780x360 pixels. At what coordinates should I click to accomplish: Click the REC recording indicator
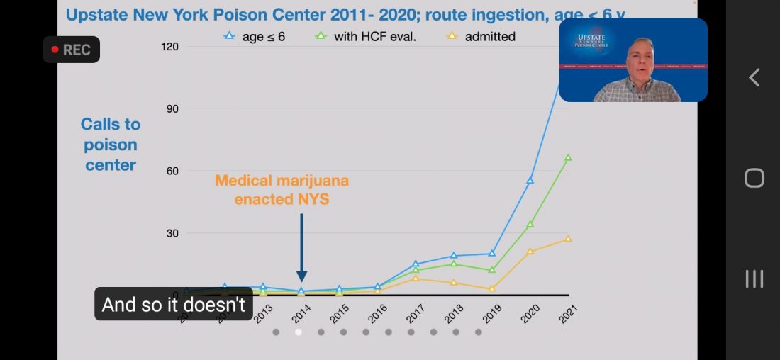coord(71,50)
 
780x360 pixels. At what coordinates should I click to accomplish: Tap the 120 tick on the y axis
coord(170,47)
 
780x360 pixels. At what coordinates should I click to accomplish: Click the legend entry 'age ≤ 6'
coord(255,36)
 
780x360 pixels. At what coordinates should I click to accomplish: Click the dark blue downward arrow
coord(301,248)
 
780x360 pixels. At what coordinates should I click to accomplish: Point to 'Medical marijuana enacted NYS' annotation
coord(282,190)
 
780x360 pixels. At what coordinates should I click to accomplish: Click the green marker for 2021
coord(568,158)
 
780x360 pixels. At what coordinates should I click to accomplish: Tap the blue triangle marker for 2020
coord(530,181)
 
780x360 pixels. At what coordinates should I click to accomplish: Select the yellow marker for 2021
coord(568,239)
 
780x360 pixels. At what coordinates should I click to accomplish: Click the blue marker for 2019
coord(491,254)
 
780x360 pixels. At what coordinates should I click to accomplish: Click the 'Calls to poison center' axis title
coord(110,145)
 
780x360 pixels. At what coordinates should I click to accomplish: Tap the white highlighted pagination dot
coord(299,332)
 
